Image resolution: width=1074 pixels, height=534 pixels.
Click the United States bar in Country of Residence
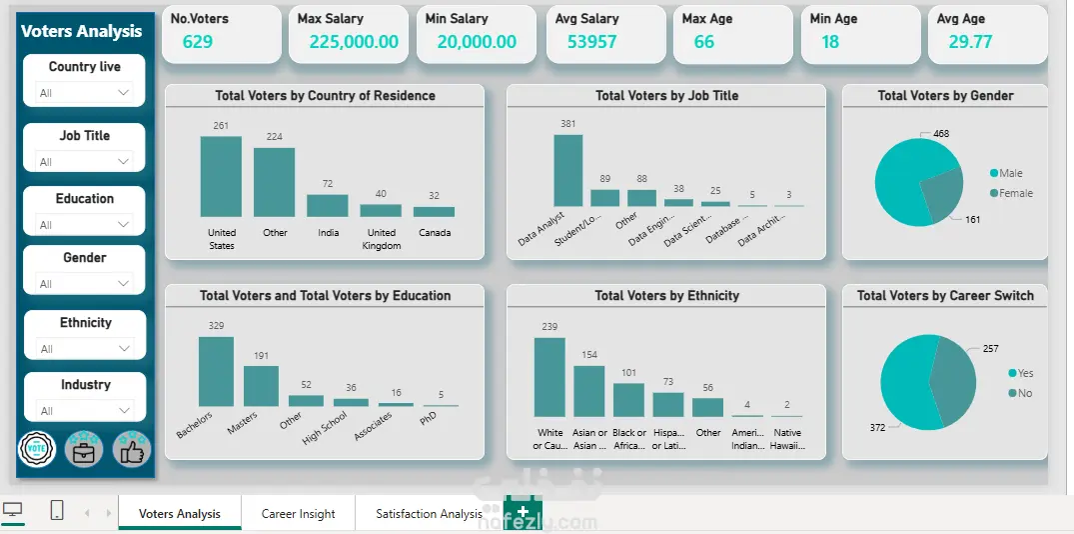[x=221, y=176]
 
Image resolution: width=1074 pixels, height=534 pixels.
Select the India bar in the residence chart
[x=327, y=205]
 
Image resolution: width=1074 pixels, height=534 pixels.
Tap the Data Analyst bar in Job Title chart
[x=567, y=170]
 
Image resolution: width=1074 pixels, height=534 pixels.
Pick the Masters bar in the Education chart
[x=261, y=385]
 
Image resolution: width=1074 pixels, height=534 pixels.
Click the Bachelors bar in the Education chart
[x=216, y=371]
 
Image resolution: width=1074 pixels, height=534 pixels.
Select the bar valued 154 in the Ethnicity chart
[x=588, y=390]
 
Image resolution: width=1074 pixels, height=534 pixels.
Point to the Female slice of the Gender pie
[x=940, y=195]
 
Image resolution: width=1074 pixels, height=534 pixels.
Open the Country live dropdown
[x=85, y=93]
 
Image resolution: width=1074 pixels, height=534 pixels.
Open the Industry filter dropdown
[x=85, y=410]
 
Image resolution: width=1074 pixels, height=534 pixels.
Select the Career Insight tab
[x=298, y=514]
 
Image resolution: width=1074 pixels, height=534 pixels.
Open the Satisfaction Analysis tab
[x=429, y=514]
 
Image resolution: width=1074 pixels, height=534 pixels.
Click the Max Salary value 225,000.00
[x=353, y=42]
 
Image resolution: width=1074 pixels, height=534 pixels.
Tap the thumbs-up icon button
[x=131, y=449]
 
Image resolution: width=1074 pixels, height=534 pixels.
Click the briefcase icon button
[x=84, y=449]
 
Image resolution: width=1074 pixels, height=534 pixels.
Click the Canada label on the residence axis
[x=435, y=233]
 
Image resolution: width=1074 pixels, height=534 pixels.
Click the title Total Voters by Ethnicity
[x=666, y=296]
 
